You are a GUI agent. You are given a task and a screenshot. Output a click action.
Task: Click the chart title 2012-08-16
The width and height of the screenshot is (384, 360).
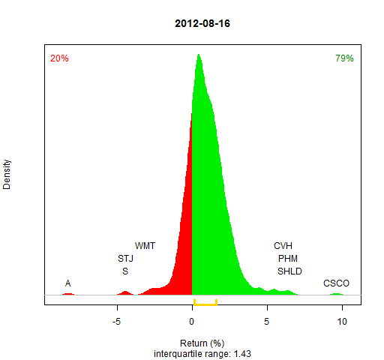tap(202, 23)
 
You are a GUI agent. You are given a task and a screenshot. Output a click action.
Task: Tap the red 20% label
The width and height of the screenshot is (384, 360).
tap(59, 58)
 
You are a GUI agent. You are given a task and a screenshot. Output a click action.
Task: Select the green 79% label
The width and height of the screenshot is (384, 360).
tap(344, 58)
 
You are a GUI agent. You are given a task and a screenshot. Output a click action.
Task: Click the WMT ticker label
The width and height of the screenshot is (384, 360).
tap(145, 246)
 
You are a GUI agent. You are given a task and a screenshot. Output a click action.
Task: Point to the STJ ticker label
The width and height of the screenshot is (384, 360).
tap(125, 259)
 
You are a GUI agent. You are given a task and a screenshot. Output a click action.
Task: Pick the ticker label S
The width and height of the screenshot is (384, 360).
tap(125, 271)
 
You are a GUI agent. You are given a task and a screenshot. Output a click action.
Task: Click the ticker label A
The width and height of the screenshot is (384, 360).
tap(67, 283)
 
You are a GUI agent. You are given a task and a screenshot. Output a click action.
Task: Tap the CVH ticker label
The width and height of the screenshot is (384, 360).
tap(283, 246)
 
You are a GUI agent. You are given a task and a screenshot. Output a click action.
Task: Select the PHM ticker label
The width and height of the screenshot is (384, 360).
tap(288, 259)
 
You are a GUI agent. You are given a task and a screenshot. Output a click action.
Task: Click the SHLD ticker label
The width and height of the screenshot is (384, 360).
tap(289, 271)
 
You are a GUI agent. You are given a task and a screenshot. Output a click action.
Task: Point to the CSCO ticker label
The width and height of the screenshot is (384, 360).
tap(336, 283)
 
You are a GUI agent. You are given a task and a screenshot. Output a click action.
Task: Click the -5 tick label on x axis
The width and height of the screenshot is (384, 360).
tap(116, 322)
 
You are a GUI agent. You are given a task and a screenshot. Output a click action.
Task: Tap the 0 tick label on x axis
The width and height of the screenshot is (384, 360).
tap(192, 322)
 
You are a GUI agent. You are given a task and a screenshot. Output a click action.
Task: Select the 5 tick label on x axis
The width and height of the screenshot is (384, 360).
tap(267, 322)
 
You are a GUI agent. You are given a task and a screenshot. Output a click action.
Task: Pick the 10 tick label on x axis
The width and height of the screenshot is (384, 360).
tap(342, 322)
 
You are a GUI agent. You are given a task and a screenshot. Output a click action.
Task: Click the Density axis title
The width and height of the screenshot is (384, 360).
tap(7, 175)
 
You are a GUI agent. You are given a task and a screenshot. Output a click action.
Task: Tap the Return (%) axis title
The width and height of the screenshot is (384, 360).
tap(202, 343)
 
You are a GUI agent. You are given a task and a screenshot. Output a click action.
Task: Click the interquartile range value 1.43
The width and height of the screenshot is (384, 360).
tap(242, 354)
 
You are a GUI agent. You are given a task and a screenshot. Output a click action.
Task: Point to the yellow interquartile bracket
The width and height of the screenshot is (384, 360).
tap(205, 304)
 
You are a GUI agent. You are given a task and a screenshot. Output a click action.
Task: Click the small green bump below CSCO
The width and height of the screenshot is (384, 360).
tap(336, 294)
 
